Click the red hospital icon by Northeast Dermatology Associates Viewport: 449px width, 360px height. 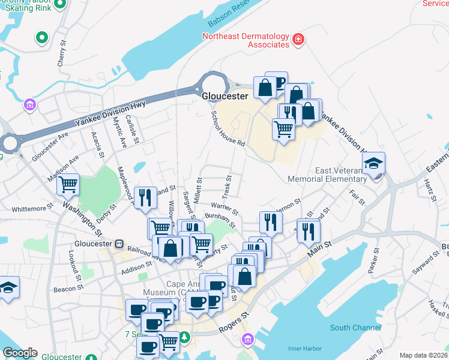pyautogui.click(x=298, y=40)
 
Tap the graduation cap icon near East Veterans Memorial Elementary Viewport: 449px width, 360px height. pyautogui.click(x=373, y=164)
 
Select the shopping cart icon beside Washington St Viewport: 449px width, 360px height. pyautogui.click(x=68, y=184)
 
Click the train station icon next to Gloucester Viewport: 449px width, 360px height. pyautogui.click(x=119, y=244)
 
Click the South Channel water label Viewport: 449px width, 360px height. pyautogui.click(x=355, y=328)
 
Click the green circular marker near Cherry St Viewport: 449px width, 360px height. pyautogui.click(x=41, y=38)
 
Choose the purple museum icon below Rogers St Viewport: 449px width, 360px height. pyautogui.click(x=247, y=340)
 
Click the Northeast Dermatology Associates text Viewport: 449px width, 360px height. pyautogui.click(x=246, y=40)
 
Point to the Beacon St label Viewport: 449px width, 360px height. pyautogui.click(x=64, y=289)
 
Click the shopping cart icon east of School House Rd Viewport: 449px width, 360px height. pyautogui.click(x=284, y=128)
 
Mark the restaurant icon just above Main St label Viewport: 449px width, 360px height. pyautogui.click(x=309, y=231)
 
